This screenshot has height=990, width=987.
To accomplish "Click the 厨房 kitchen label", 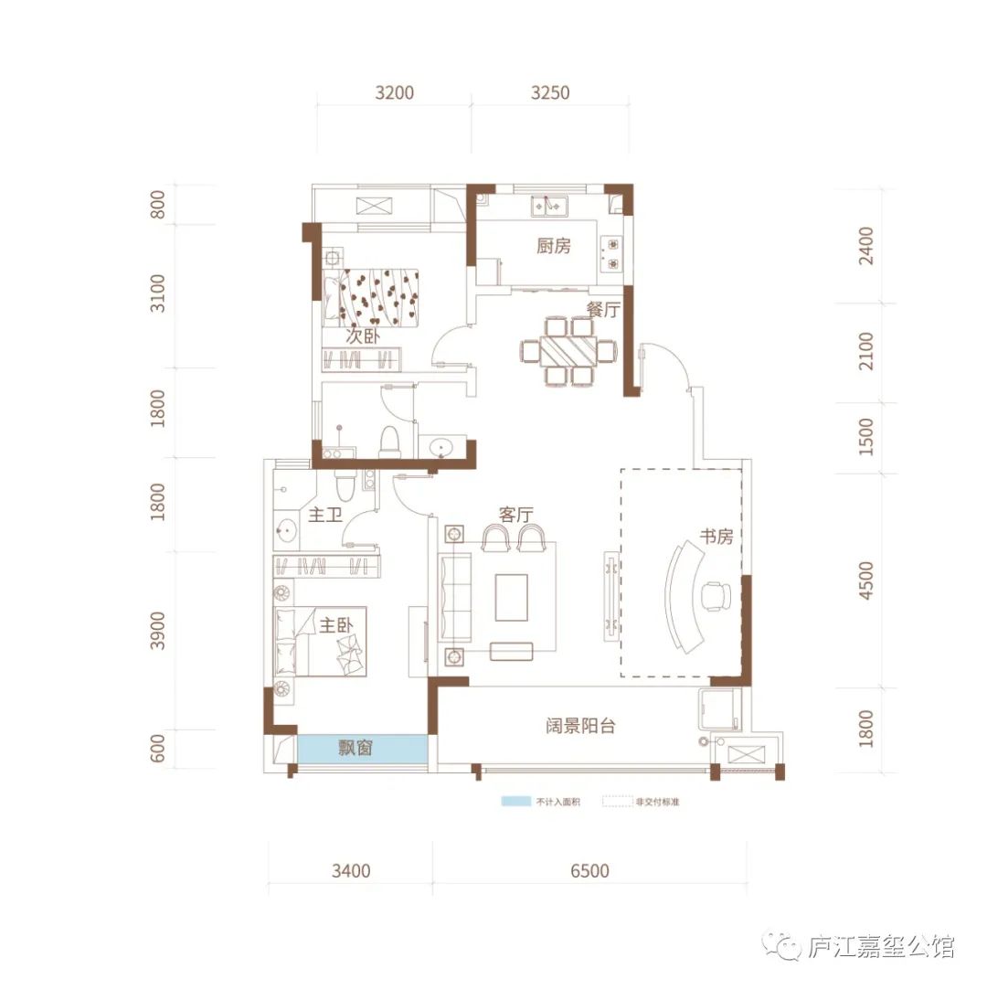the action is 554,246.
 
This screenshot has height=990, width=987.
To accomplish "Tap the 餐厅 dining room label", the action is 603,309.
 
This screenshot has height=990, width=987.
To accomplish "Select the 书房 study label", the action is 716,536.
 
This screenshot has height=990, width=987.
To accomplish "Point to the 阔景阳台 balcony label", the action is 580,726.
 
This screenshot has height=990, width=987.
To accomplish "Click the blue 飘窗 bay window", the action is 362,749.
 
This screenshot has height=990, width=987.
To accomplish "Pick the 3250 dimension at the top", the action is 550,93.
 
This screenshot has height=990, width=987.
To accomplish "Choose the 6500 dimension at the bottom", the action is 589,871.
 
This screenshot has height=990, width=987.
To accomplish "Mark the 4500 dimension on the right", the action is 866,580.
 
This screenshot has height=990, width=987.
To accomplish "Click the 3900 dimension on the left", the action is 157,630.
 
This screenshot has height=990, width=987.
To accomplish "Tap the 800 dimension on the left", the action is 157,204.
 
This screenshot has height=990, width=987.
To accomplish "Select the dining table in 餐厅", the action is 568,351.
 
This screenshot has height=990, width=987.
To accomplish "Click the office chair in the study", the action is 715,595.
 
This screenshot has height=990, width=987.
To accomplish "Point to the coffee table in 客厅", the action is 511,597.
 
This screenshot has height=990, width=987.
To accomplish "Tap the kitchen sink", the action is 549,206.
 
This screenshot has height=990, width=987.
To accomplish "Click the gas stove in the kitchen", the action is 611,254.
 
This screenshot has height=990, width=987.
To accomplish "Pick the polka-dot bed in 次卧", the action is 370,298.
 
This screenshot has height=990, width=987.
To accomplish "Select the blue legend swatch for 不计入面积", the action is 515,801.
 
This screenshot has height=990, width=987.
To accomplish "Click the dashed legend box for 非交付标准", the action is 617,801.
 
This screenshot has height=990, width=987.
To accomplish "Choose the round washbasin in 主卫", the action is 288,530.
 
